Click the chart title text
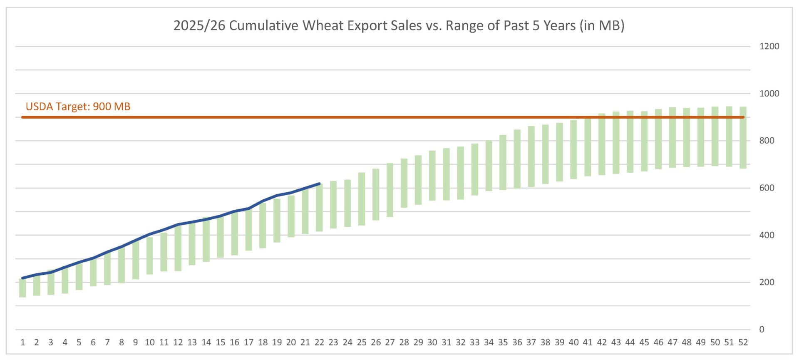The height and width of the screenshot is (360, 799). [399, 25]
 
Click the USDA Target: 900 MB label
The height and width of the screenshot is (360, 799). [78, 107]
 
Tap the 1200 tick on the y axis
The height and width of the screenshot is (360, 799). [769, 46]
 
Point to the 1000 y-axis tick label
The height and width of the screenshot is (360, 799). [769, 93]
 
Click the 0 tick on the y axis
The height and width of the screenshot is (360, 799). [762, 329]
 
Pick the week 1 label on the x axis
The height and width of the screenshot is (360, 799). [22, 342]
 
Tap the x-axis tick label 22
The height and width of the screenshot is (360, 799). [319, 342]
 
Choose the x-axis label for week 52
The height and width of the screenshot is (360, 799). [743, 342]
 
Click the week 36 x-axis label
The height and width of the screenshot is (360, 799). [517, 342]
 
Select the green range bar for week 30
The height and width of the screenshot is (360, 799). [432, 176]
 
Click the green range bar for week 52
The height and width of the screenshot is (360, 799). [743, 137]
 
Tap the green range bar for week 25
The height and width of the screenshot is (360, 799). [362, 199]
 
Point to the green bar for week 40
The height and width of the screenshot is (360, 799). [573, 149]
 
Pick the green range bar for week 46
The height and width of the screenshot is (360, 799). [658, 139]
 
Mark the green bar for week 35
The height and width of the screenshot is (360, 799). [503, 162]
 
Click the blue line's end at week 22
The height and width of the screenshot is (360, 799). [319, 184]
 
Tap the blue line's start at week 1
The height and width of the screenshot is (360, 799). [22, 278]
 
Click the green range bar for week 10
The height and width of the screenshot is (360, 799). [150, 256]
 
